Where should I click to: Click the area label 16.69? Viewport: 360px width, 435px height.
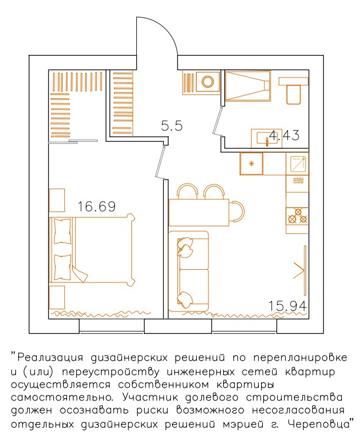click(x=96, y=207)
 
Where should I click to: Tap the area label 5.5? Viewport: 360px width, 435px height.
click(x=172, y=126)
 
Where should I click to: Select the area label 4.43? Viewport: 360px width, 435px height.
click(x=284, y=136)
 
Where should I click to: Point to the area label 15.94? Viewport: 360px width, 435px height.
click(x=287, y=306)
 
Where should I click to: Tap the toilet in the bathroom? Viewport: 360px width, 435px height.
click(x=293, y=91)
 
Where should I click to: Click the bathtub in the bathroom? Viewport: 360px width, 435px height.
click(x=247, y=86)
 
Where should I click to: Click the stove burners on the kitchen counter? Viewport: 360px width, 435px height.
click(x=297, y=216)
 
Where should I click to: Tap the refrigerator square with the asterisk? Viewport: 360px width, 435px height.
click(x=251, y=164)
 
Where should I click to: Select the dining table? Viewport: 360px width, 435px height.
click(x=199, y=212)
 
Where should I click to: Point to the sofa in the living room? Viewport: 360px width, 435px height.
click(x=189, y=271)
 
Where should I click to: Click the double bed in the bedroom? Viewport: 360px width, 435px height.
click(x=92, y=250)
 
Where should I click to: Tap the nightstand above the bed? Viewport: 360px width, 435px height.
click(x=57, y=200)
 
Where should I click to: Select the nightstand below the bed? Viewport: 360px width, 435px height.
click(x=57, y=297)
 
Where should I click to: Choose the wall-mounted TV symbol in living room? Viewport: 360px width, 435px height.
click(x=302, y=270)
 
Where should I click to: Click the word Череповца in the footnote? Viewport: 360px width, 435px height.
click(x=319, y=424)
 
